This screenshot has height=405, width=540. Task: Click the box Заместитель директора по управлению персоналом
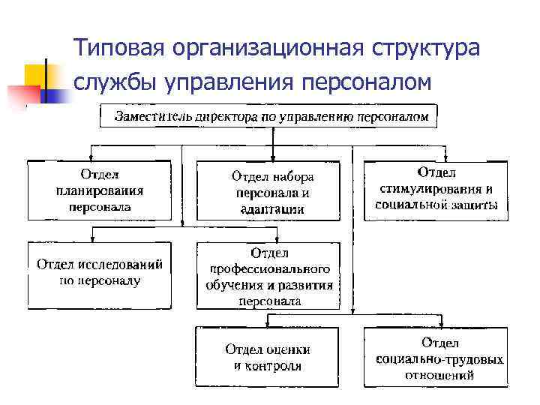tap(270, 116)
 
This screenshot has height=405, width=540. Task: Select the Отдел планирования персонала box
tap(100, 190)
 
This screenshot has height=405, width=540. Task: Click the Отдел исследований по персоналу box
tap(100, 274)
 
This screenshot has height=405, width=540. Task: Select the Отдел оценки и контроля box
tap(268, 357)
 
